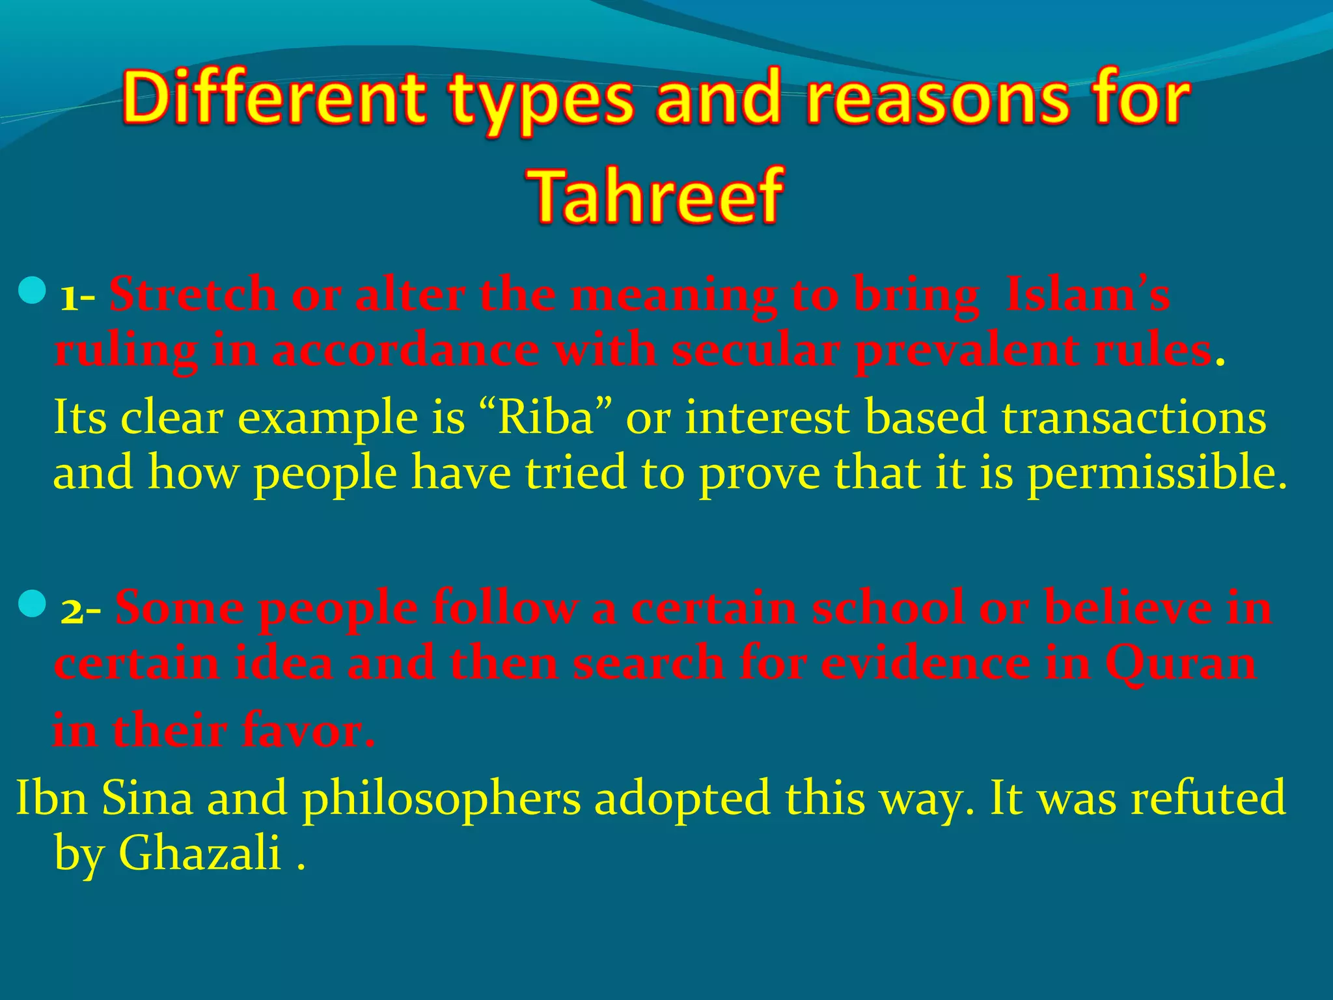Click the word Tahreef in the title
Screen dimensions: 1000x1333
click(657, 195)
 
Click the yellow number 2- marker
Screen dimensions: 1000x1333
click(81, 611)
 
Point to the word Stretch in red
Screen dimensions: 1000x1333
click(193, 294)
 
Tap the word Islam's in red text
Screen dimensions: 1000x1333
click(1087, 294)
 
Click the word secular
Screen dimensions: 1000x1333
click(755, 350)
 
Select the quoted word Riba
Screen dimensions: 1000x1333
click(545, 417)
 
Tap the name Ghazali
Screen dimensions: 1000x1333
click(199, 853)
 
